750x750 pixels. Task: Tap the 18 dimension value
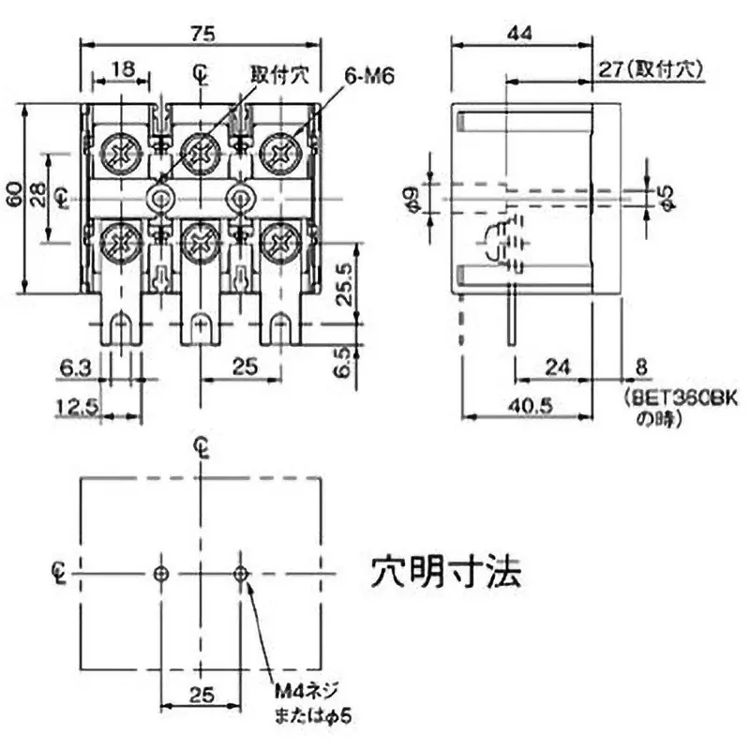pyautogui.click(x=121, y=69)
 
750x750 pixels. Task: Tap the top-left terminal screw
pyautogui.click(x=121, y=151)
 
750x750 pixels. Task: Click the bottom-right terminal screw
pyautogui.click(x=279, y=245)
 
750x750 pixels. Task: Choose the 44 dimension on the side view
pyautogui.click(x=521, y=33)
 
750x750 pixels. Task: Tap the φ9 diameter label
pyautogui.click(x=409, y=198)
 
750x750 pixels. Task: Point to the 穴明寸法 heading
pyautogui.click(x=445, y=569)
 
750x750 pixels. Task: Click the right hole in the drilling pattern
pyautogui.click(x=242, y=572)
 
